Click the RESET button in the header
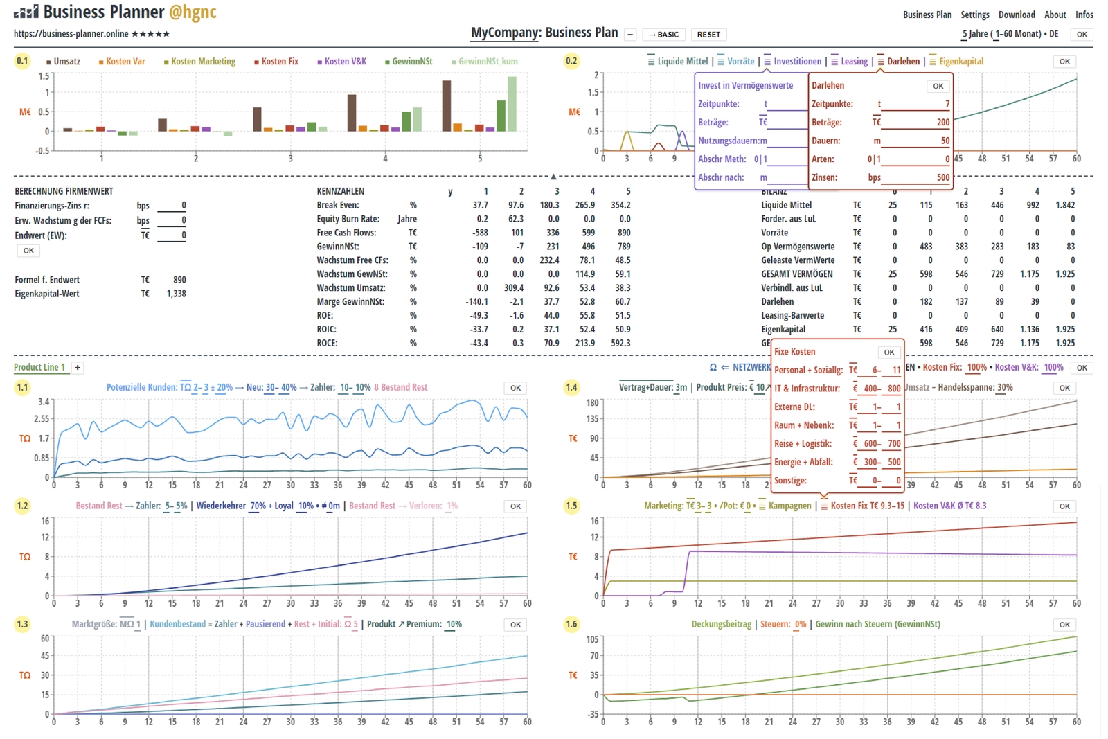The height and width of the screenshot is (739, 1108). click(x=708, y=35)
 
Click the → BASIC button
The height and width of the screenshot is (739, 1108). click(x=663, y=35)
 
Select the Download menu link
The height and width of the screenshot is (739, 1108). click(x=1016, y=15)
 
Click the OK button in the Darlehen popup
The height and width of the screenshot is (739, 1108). click(x=938, y=86)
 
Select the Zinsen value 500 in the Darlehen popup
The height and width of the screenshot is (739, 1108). click(x=943, y=177)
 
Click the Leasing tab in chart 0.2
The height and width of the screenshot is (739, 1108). click(x=853, y=62)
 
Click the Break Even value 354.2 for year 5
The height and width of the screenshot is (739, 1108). click(x=620, y=205)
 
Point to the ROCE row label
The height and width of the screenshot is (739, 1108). click(x=327, y=343)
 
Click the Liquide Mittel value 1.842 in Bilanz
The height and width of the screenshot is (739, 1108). click(x=1064, y=205)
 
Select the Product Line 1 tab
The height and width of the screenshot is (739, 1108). click(x=39, y=368)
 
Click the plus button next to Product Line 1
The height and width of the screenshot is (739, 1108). click(x=78, y=368)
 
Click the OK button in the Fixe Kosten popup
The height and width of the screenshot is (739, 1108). click(x=889, y=352)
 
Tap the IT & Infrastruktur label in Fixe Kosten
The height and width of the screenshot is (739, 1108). click(x=807, y=389)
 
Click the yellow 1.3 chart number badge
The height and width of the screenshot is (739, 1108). click(x=22, y=624)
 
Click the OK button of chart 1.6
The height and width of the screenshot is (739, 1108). click(x=1064, y=625)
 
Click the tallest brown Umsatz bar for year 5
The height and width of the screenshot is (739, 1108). click(x=447, y=106)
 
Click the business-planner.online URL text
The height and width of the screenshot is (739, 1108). click(x=71, y=34)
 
